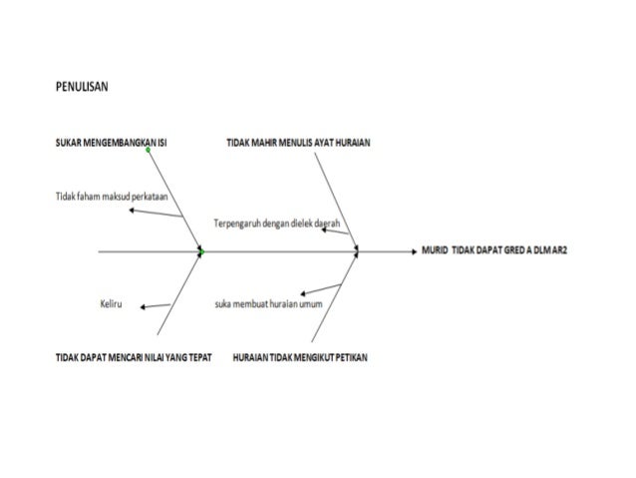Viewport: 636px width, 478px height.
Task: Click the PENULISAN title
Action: tap(82, 87)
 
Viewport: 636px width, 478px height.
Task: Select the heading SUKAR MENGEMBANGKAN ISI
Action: tap(111, 144)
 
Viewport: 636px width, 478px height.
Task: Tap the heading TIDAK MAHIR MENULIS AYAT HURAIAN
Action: tap(299, 144)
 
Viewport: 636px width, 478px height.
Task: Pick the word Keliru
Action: tap(111, 303)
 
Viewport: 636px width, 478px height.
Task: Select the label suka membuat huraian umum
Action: tap(268, 303)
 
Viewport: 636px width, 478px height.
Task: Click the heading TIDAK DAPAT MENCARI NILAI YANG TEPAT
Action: tap(134, 356)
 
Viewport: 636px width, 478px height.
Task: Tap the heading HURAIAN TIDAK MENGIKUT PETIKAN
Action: tap(299, 356)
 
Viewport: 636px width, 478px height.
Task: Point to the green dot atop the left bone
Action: tap(148, 150)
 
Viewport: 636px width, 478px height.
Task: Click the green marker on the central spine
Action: tap(200, 253)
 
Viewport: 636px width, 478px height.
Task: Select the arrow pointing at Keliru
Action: tap(156, 304)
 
